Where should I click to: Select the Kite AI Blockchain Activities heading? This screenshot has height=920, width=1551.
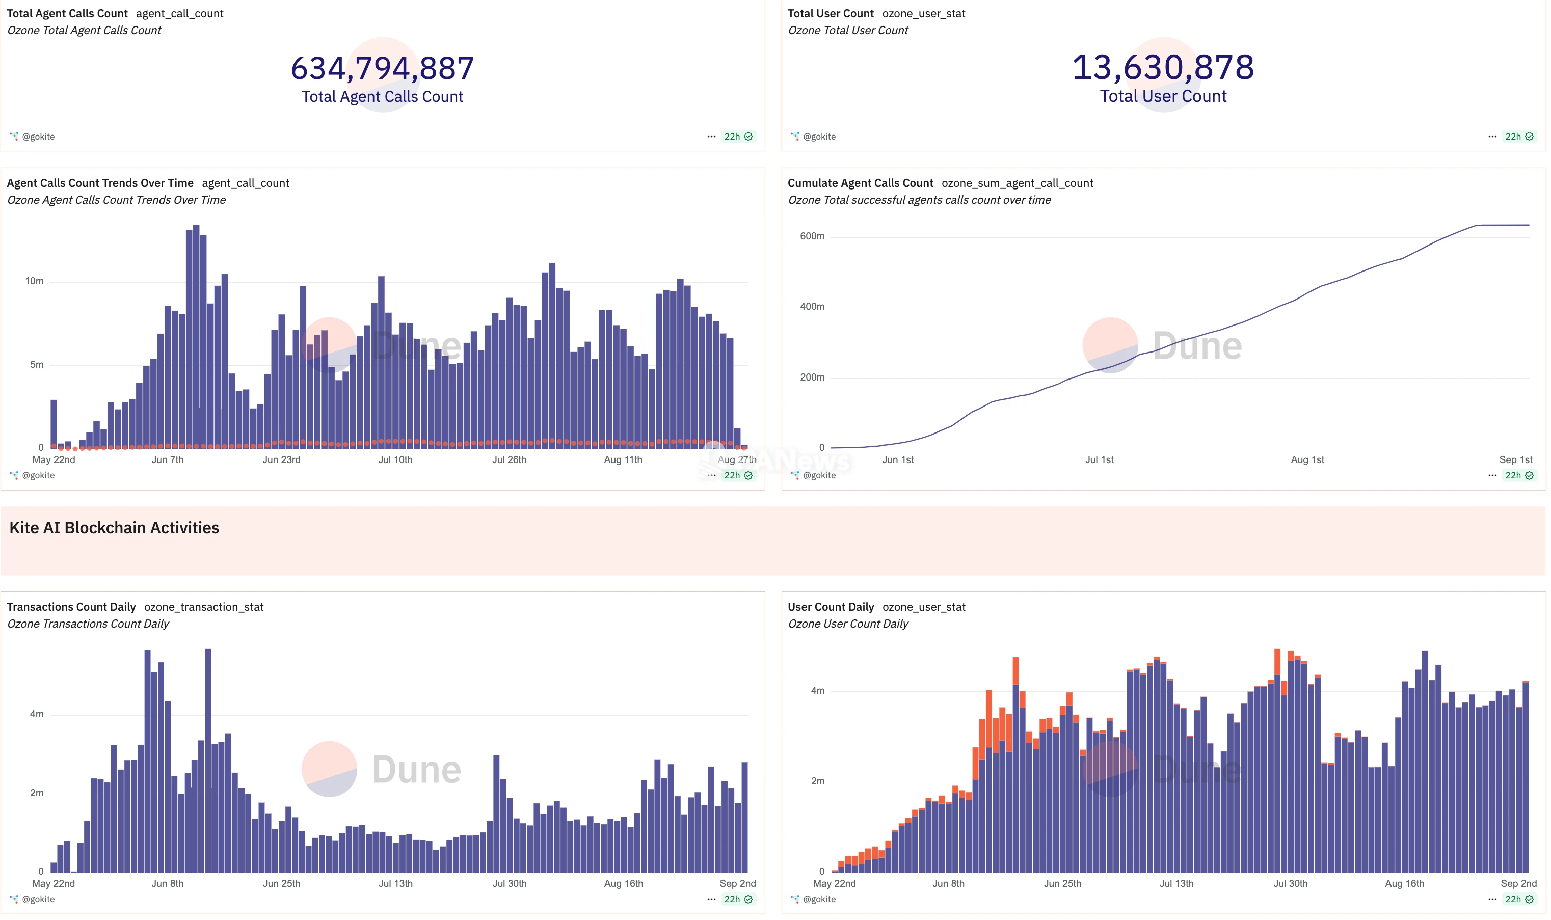pyautogui.click(x=114, y=528)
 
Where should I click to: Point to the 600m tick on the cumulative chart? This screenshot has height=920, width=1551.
pyautogui.click(x=812, y=236)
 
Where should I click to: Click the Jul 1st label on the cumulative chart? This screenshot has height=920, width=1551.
pyautogui.click(x=1099, y=459)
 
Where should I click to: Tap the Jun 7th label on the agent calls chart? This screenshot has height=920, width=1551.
pyautogui.click(x=167, y=459)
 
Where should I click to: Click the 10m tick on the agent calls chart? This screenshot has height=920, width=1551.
pyautogui.click(x=35, y=281)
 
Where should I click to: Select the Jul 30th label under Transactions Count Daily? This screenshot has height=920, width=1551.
pyautogui.click(x=509, y=883)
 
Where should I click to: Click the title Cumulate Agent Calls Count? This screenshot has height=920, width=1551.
pyautogui.click(x=860, y=183)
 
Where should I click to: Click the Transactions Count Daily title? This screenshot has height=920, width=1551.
pyautogui.click(x=71, y=607)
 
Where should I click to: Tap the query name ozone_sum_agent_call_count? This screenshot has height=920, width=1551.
pyautogui.click(x=1017, y=183)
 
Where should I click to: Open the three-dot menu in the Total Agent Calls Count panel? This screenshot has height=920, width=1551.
pyautogui.click(x=711, y=137)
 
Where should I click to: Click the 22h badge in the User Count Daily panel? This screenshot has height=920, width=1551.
pyautogui.click(x=1513, y=899)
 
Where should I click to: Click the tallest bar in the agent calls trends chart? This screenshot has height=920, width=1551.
pyautogui.click(x=196, y=335)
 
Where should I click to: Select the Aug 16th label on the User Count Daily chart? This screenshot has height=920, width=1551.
pyautogui.click(x=1404, y=883)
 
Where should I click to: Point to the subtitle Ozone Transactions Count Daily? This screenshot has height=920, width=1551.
pyautogui.click(x=88, y=624)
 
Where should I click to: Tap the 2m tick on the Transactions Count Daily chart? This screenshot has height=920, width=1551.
pyautogui.click(x=37, y=793)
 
